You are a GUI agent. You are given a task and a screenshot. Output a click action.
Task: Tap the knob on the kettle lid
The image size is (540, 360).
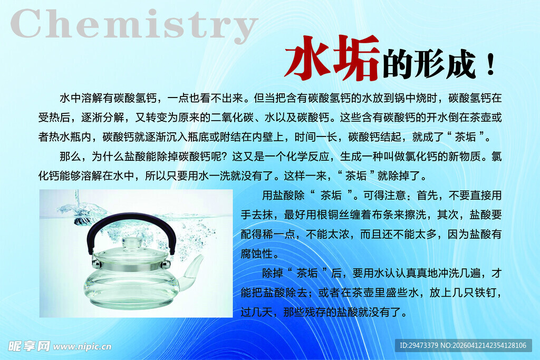coord(131,243)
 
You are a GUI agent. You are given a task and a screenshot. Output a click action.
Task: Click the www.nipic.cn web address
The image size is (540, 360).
coord(83,346)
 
